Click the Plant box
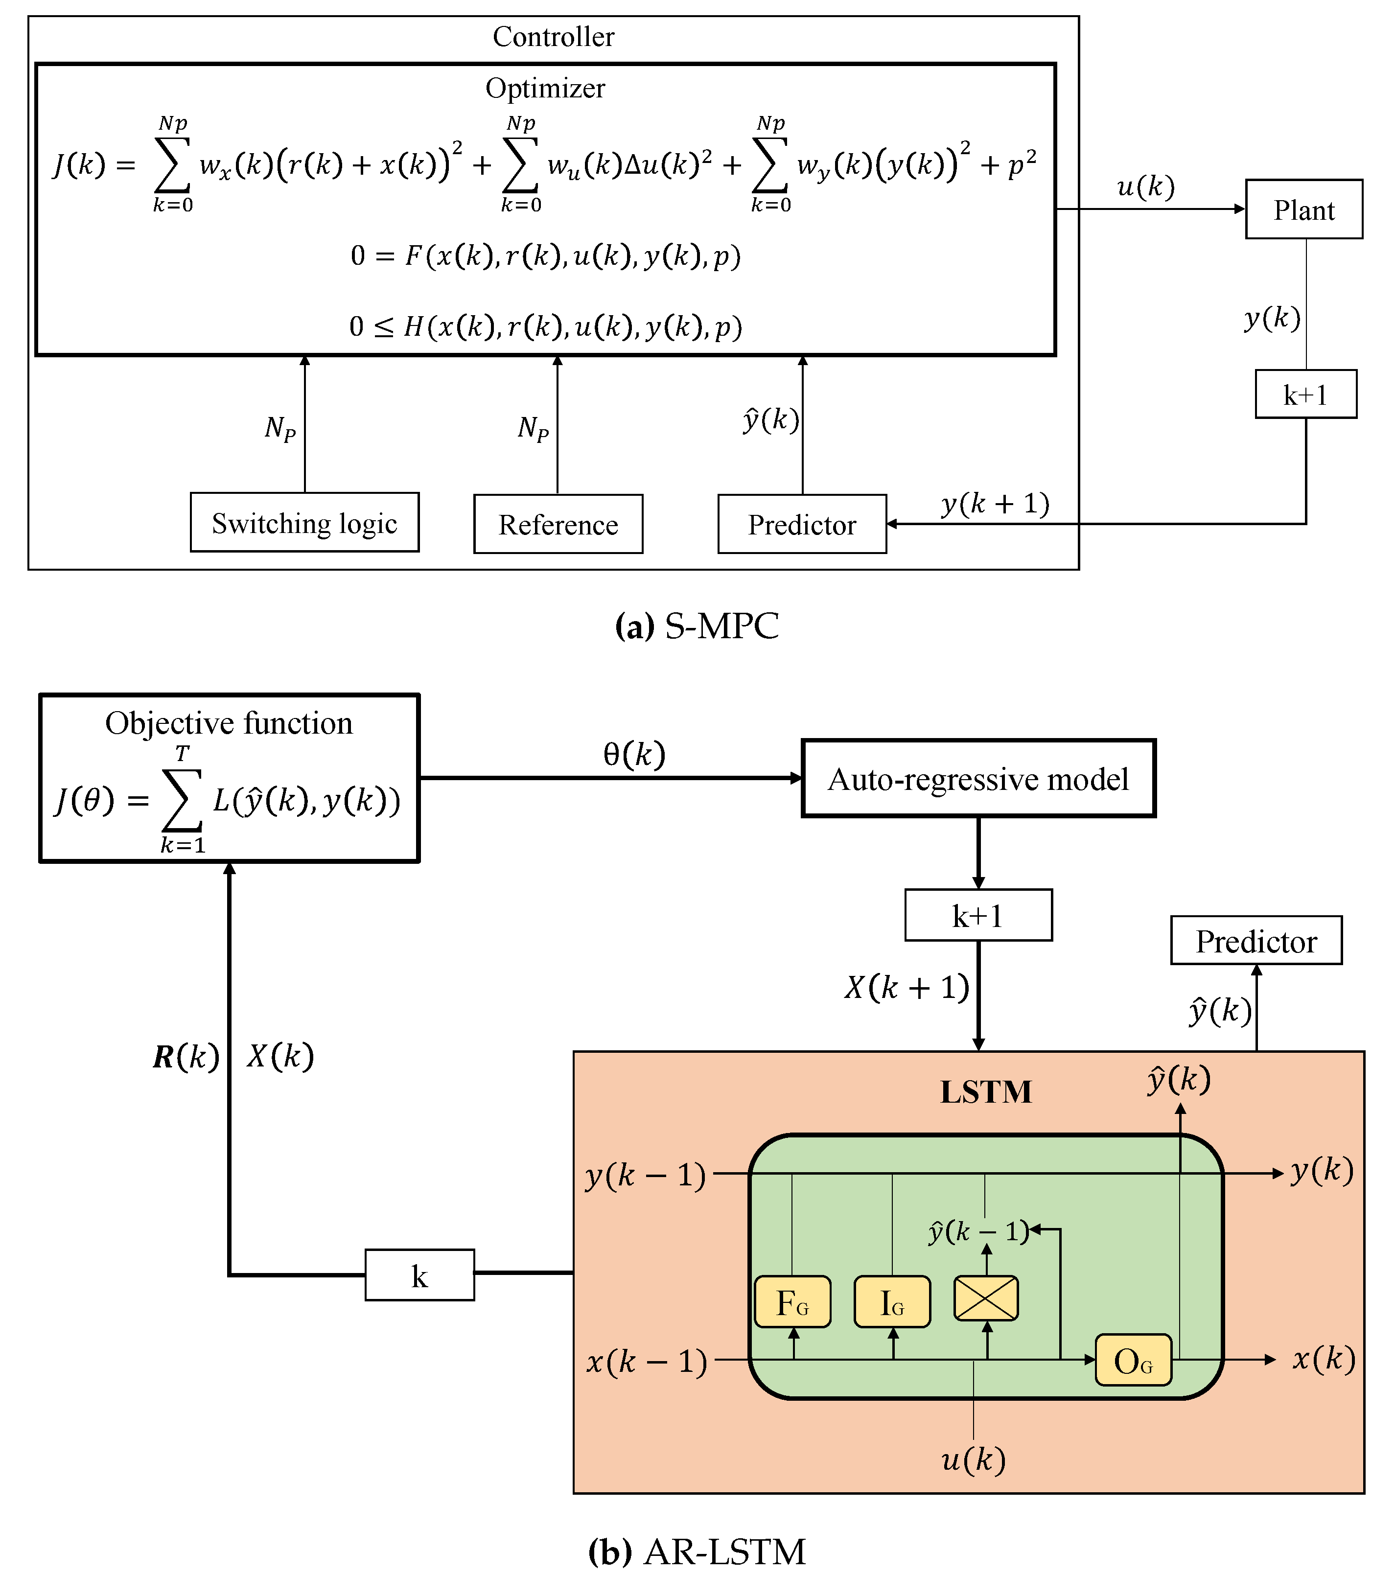1303,209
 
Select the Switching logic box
304,523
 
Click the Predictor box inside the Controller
802,524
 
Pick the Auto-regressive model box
978,779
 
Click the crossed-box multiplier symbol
986,1298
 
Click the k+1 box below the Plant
1305,394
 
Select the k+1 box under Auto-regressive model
978,916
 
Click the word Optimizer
545,88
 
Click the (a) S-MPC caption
697,625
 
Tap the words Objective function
229,723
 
